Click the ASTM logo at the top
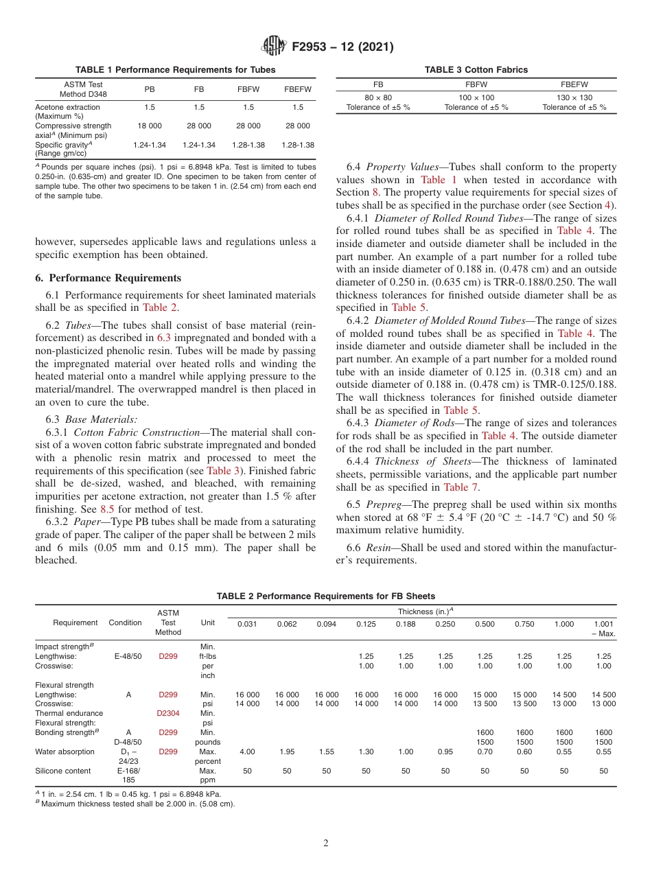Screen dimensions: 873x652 (274, 47)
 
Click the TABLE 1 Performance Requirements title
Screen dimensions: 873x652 (175, 70)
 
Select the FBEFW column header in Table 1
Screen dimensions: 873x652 (297, 89)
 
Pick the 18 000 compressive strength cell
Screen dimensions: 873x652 (150, 126)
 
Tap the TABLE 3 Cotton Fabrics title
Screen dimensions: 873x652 (476, 70)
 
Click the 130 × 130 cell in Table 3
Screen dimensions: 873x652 (574, 98)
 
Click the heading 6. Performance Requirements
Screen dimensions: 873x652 (108, 278)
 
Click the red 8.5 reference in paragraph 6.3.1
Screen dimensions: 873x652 (107, 509)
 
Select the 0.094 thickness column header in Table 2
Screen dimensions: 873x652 (327, 624)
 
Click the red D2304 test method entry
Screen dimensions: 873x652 (168, 713)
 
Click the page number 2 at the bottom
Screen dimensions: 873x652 (326, 843)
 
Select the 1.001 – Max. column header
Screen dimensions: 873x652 (604, 629)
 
